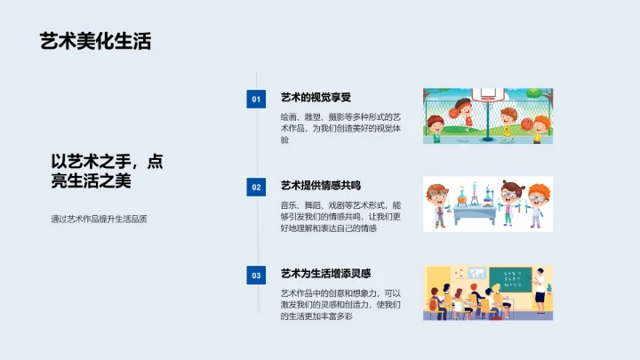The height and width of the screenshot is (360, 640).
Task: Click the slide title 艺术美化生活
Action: (95, 42)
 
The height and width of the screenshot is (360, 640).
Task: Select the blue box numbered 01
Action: (256, 99)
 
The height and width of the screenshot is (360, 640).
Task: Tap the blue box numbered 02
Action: (256, 187)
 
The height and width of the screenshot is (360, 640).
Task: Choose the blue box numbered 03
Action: (256, 276)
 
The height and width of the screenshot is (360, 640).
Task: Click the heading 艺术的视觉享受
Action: (316, 98)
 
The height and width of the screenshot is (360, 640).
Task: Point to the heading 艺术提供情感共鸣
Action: (321, 186)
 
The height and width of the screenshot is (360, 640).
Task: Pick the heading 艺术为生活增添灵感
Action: (325, 274)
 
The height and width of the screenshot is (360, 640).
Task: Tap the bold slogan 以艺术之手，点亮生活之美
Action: (107, 171)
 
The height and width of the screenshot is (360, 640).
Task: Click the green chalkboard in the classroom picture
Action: (510, 278)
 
